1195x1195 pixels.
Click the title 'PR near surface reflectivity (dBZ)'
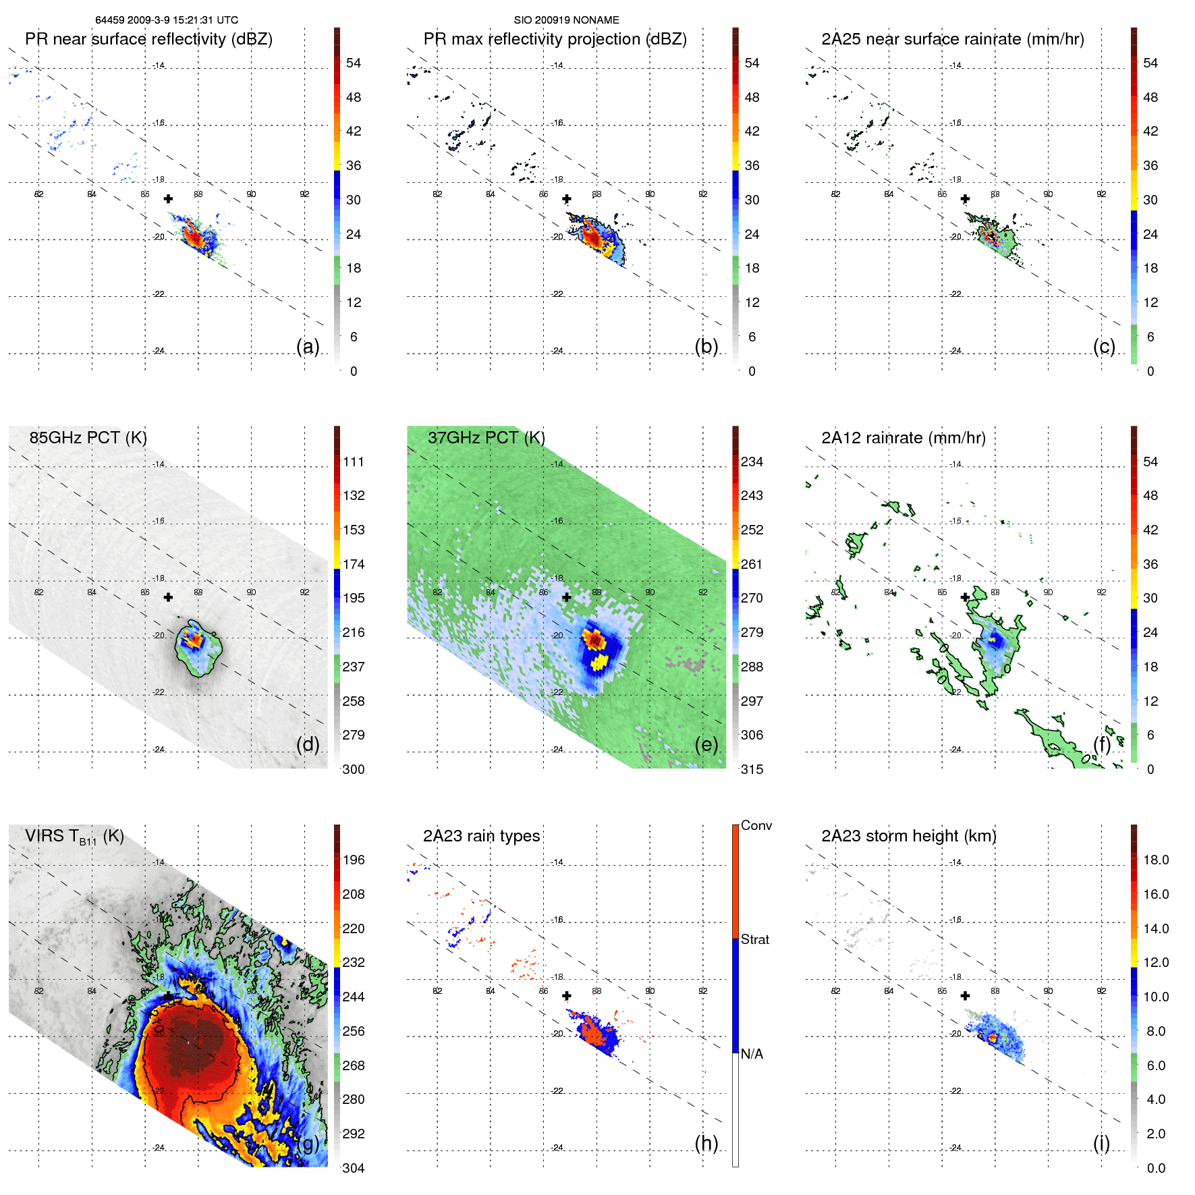click(x=148, y=39)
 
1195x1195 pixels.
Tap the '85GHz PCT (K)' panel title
click(x=88, y=438)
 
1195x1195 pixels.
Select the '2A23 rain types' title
click(x=481, y=836)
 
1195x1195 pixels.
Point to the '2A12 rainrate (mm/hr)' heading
click(x=903, y=438)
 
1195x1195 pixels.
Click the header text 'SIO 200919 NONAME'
click(x=566, y=20)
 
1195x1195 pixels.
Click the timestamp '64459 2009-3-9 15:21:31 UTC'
click(x=167, y=20)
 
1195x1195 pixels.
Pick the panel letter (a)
click(x=308, y=346)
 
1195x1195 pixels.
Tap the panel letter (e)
click(x=706, y=744)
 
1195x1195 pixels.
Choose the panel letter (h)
click(x=706, y=1143)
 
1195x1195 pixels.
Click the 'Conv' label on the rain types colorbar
click(x=756, y=825)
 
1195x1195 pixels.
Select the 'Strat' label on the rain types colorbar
click(x=754, y=939)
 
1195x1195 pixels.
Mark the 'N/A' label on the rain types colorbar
click(x=752, y=1054)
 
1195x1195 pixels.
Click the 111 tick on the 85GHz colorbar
click(x=353, y=462)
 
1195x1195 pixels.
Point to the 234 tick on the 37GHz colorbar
click(x=752, y=462)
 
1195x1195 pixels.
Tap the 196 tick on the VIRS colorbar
click(x=353, y=860)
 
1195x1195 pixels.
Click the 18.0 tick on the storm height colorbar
click(x=1155, y=860)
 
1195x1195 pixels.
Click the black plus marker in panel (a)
click(x=168, y=198)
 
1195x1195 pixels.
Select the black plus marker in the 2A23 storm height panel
click(x=965, y=995)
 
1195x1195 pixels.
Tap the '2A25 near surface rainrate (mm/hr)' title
click(x=952, y=39)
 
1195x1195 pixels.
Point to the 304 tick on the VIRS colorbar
click(x=353, y=1168)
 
